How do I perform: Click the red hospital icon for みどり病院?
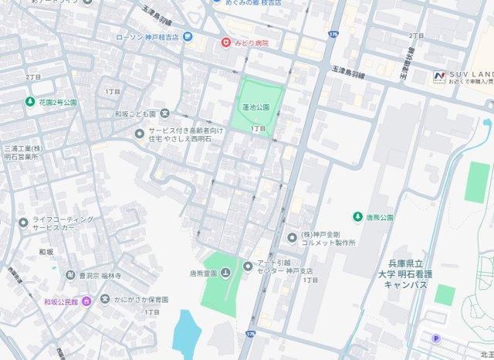pyautogui.click(x=226, y=42)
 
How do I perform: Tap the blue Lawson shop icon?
pyautogui.click(x=188, y=36)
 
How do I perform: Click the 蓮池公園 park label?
pyautogui.click(x=255, y=107)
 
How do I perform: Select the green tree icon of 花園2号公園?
pyautogui.click(x=32, y=101)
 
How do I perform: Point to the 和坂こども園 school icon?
pyautogui.click(x=164, y=114)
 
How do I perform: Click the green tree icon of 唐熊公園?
pyautogui.click(x=358, y=217)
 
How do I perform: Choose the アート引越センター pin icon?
pyautogui.click(x=248, y=267)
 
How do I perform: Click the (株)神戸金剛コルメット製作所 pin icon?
pyautogui.click(x=293, y=236)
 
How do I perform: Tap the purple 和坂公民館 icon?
pyautogui.click(x=86, y=300)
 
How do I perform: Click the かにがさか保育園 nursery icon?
pyautogui.click(x=106, y=300)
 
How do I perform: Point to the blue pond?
pyautogui.click(x=187, y=330)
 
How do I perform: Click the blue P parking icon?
pyautogui.click(x=436, y=338)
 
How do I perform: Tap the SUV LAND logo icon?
pyautogui.click(x=439, y=75)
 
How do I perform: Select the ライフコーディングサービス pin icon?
pyautogui.click(x=24, y=223)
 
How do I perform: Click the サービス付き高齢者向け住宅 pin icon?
pyautogui.click(x=139, y=134)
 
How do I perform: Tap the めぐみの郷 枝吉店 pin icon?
pyautogui.click(x=216, y=3)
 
